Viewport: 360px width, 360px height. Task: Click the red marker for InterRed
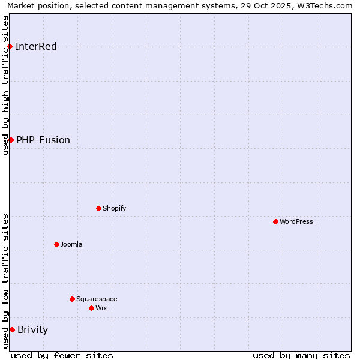tap(10, 46)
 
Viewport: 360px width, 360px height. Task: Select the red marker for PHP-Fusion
tap(11, 140)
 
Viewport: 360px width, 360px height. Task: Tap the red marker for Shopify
tap(98, 208)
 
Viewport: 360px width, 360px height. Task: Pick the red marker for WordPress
tap(275, 221)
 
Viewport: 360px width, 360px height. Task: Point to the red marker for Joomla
tap(56, 244)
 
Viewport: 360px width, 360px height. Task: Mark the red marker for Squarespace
tap(72, 299)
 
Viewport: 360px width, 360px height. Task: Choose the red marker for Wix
tap(91, 308)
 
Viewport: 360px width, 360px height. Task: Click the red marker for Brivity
tap(12, 329)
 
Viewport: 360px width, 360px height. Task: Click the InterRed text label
tap(36, 47)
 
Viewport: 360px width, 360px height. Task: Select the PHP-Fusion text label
tap(43, 140)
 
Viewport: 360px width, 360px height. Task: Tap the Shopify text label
tap(114, 208)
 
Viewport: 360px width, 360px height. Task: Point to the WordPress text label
tap(296, 221)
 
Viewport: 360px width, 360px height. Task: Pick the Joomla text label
tap(71, 244)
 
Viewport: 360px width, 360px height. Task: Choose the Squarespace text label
tap(97, 299)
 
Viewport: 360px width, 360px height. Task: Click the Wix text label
tap(101, 308)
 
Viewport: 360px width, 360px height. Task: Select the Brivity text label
tap(33, 330)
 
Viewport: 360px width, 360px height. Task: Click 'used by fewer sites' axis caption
tap(62, 355)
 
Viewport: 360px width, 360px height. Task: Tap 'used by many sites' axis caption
tap(301, 355)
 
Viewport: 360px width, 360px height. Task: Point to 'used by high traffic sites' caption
tap(6, 85)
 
